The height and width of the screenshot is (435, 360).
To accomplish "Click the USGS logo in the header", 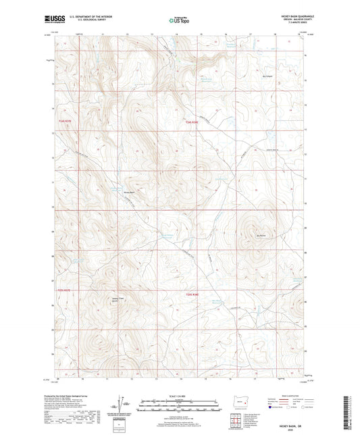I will coord(53,20).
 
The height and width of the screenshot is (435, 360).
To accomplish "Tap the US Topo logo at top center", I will coord(179,20).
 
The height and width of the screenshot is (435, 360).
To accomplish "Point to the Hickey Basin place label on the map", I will coord(130,193).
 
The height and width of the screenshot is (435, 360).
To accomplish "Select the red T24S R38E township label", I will coord(192,122).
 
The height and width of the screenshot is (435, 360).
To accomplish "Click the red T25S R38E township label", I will coord(192,295).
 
